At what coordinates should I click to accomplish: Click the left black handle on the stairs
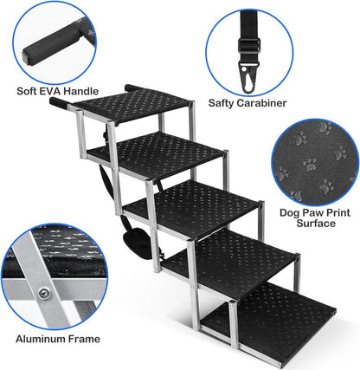59,102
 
